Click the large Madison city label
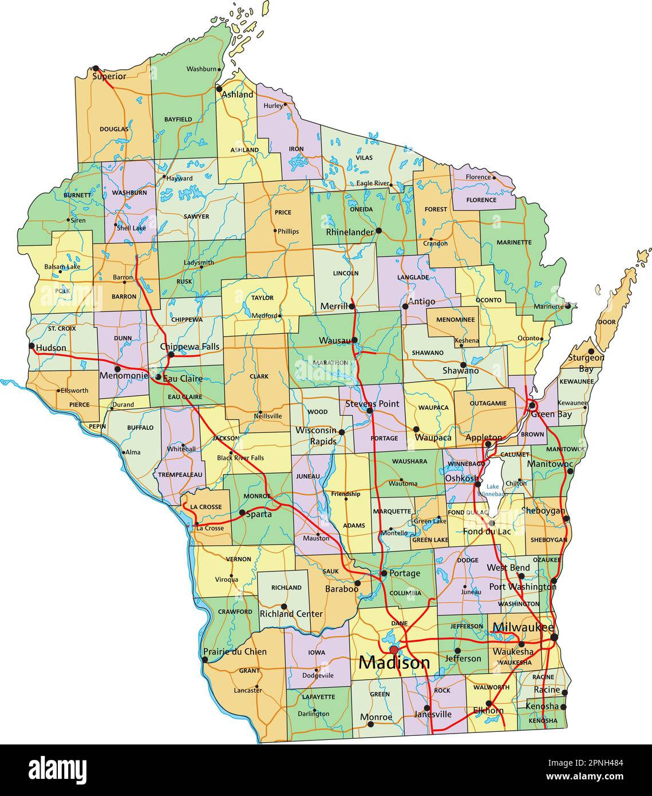[x=394, y=663]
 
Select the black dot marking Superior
[x=96, y=68]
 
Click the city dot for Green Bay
[x=532, y=404]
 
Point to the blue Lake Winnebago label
[x=493, y=490]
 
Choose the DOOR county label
[x=606, y=322]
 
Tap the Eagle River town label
[x=373, y=183]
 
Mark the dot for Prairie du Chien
[x=205, y=660]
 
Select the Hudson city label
[x=51, y=348]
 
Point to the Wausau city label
[x=335, y=341]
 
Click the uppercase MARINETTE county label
[x=513, y=242]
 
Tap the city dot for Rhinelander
[x=378, y=231]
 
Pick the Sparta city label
[x=259, y=514]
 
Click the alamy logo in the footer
[x=58, y=769]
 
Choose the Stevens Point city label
[x=372, y=404]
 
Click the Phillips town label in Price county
[x=288, y=232]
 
